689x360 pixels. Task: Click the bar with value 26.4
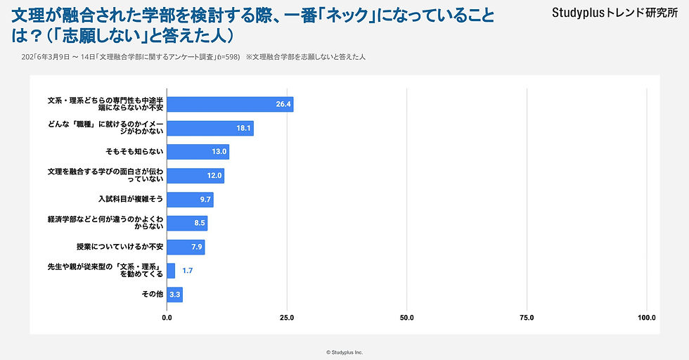click(230, 105)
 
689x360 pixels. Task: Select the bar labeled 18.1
click(210, 128)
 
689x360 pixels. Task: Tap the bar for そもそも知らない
click(198, 152)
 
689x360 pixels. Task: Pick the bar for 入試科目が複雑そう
click(190, 200)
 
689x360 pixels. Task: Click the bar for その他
click(174, 295)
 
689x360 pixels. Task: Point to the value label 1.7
click(188, 271)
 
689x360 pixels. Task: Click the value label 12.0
click(214, 176)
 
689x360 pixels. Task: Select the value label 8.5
click(199, 224)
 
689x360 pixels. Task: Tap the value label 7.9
click(197, 247)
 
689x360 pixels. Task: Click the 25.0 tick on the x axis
click(287, 318)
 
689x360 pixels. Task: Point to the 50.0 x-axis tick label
click(407, 318)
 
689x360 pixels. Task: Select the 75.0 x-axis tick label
click(527, 318)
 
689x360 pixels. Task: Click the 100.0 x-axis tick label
click(646, 318)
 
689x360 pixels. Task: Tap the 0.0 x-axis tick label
click(167, 318)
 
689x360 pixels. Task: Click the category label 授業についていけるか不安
click(120, 247)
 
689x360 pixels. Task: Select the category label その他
click(153, 295)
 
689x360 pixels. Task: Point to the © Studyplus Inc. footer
click(344, 352)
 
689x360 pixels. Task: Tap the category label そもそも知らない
click(134, 152)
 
